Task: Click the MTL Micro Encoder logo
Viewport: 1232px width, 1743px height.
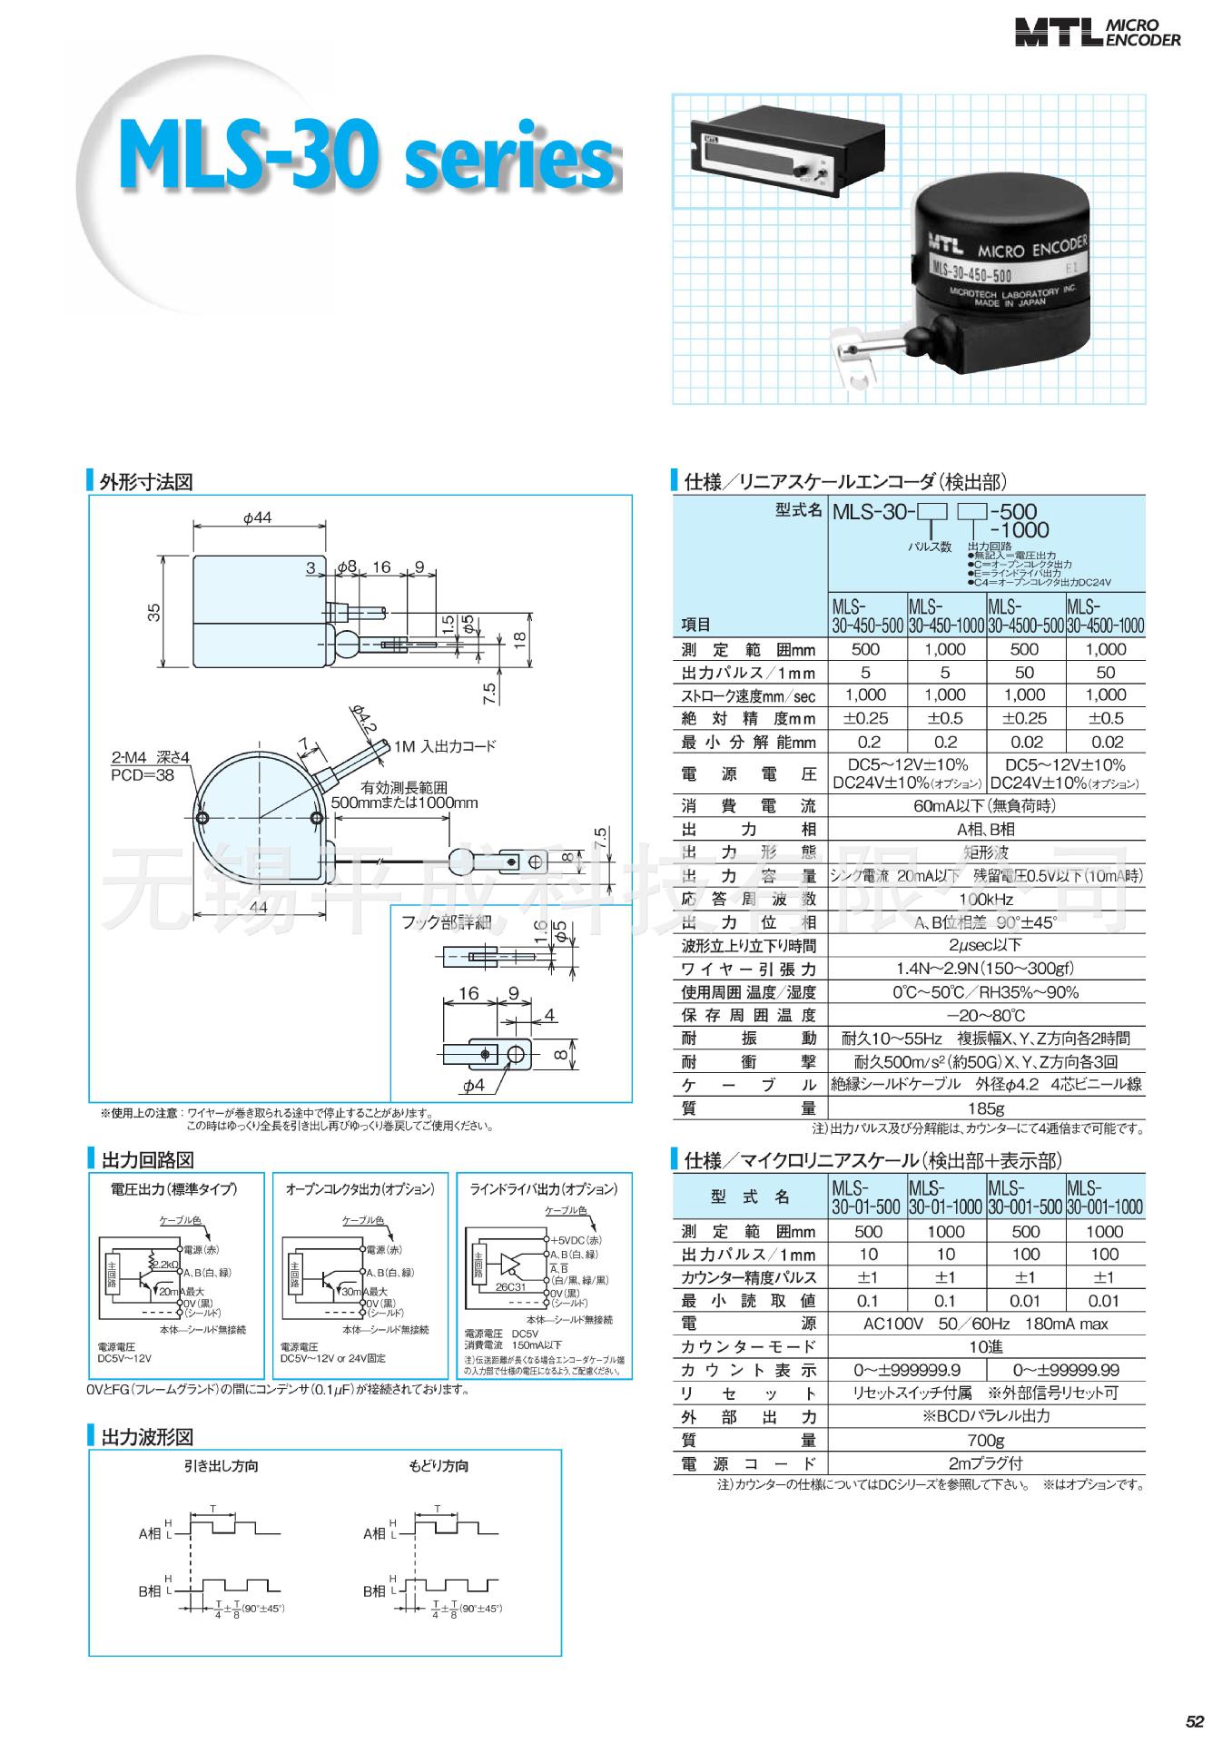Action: (x=1098, y=34)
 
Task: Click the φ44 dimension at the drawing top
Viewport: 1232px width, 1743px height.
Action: (x=258, y=517)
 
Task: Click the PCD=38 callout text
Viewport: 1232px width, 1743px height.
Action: (x=143, y=775)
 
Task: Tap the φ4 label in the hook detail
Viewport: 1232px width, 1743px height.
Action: (x=474, y=1086)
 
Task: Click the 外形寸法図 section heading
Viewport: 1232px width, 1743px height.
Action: (x=146, y=482)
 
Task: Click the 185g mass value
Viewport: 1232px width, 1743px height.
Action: (x=986, y=1108)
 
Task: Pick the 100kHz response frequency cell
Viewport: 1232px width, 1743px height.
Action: (x=986, y=899)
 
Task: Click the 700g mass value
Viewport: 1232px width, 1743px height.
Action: (x=986, y=1440)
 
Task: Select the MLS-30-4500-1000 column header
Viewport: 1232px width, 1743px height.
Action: (x=1105, y=615)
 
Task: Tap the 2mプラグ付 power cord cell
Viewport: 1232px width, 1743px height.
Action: (x=986, y=1463)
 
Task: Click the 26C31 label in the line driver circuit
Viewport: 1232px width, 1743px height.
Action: (x=510, y=1287)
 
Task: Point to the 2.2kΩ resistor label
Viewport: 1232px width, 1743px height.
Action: (x=165, y=1265)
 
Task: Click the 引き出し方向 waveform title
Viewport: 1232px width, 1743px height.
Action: (x=221, y=1466)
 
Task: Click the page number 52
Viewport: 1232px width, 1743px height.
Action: (x=1195, y=1721)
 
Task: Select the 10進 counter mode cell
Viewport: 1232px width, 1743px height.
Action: (x=986, y=1346)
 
